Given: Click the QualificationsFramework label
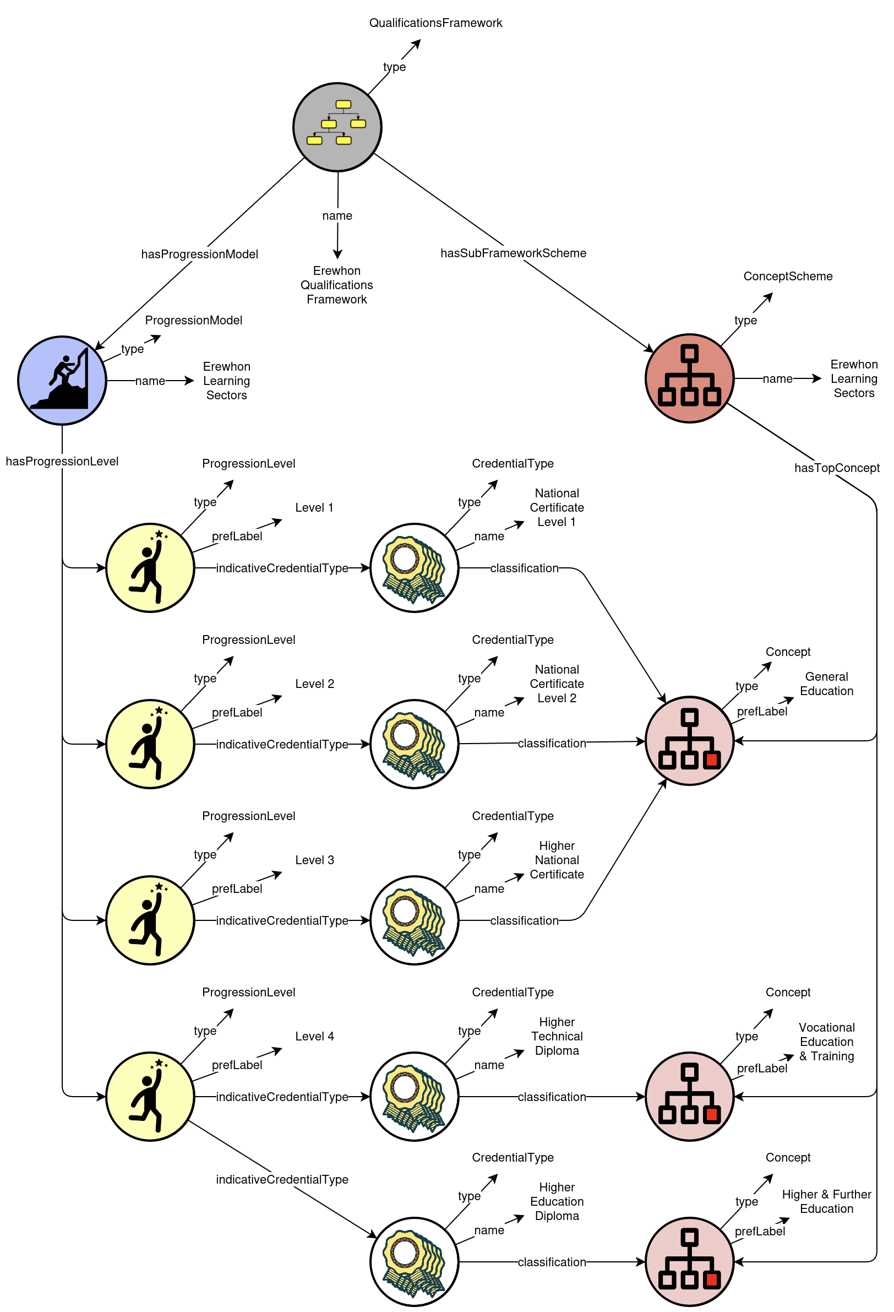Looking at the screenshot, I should pyautogui.click(x=435, y=23).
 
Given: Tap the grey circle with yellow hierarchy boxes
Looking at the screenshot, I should pyautogui.click(x=337, y=127).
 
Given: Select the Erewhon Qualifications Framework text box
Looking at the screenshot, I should pyautogui.click(x=336, y=285).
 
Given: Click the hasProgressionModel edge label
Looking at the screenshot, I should pyautogui.click(x=199, y=254).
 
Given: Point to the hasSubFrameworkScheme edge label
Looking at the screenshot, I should pyautogui.click(x=513, y=253).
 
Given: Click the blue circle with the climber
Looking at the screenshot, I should pyautogui.click(x=62, y=381).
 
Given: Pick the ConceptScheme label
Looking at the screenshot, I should pyautogui.click(x=787, y=276).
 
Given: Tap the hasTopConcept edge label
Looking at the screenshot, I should pyautogui.click(x=836, y=468).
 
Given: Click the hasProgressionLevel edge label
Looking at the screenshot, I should pyautogui.click(x=62, y=461).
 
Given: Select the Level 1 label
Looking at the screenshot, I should pyautogui.click(x=314, y=507).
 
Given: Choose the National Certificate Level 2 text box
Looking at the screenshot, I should pyautogui.click(x=557, y=684).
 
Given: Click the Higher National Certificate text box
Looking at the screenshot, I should pyautogui.click(x=557, y=860).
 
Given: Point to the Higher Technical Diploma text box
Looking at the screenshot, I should pyautogui.click(x=557, y=1036).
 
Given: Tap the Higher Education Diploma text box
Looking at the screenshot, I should pyautogui.click(x=557, y=1201).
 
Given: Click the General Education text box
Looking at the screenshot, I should pyautogui.click(x=826, y=684).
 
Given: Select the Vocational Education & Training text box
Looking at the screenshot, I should pyautogui.click(x=826, y=1042).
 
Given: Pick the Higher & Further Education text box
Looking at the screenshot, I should pyautogui.click(x=826, y=1201).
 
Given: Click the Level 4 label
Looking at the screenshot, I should pyautogui.click(x=314, y=1036).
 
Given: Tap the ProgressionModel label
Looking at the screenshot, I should pyautogui.click(x=194, y=320).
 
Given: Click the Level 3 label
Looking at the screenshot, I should pyautogui.click(x=314, y=860).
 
